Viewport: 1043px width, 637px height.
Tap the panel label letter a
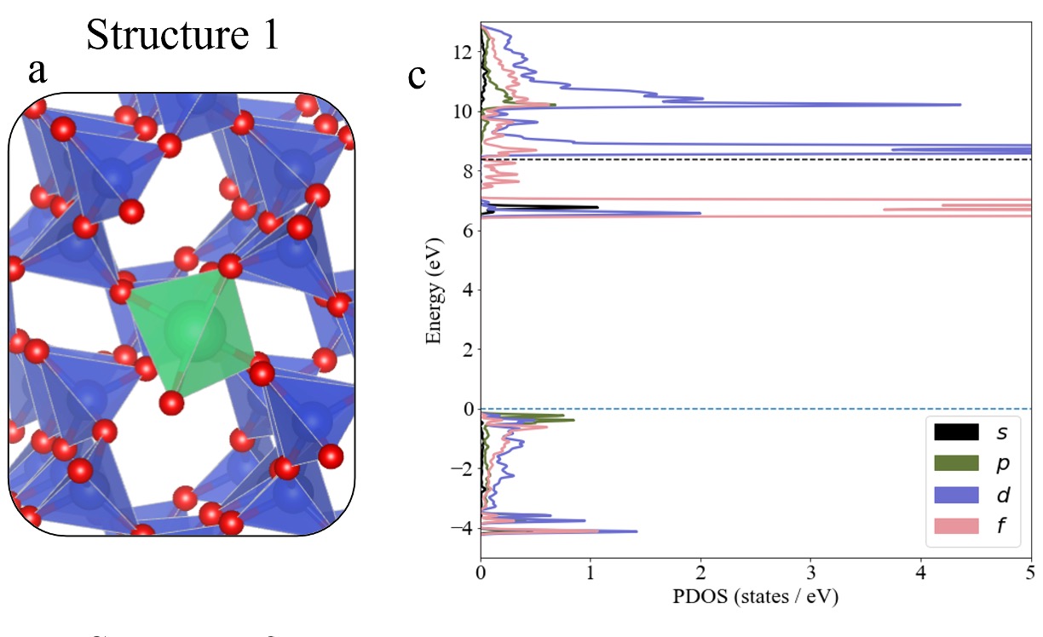click(37, 72)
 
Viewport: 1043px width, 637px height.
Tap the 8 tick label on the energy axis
click(465, 171)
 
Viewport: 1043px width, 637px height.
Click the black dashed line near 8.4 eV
click(767, 159)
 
